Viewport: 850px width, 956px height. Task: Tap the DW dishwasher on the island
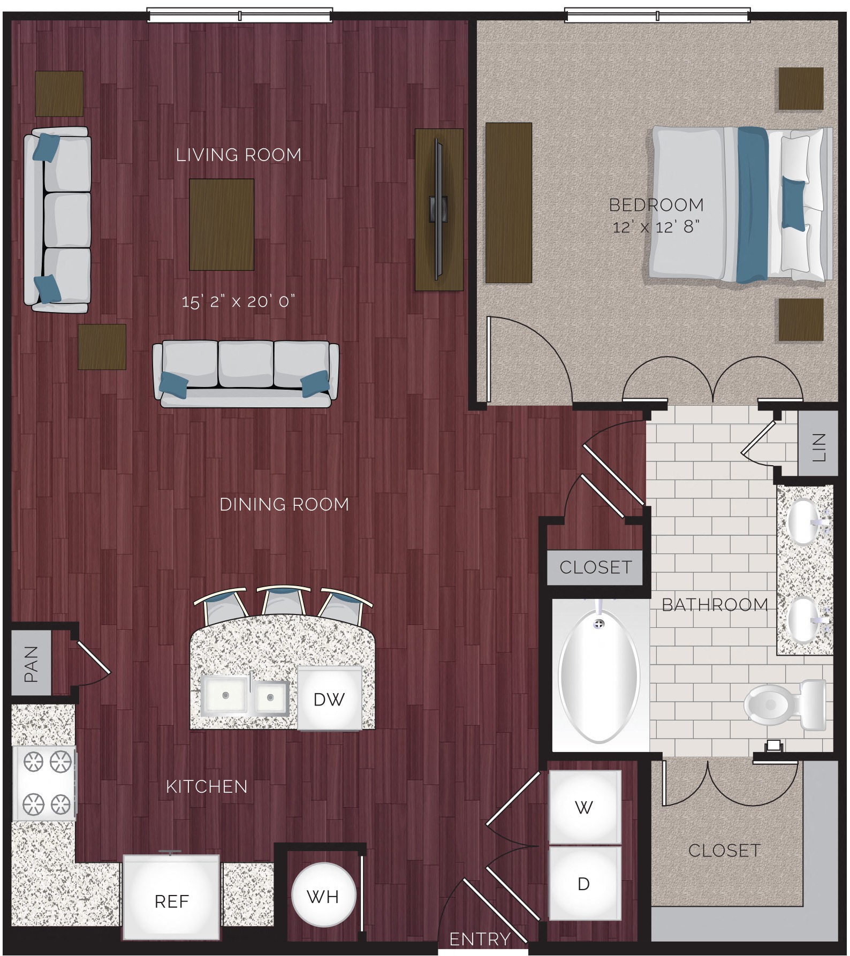click(329, 699)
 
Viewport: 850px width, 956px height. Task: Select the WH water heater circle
click(323, 896)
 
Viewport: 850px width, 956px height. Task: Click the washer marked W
click(585, 807)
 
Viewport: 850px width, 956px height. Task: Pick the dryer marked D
click(585, 884)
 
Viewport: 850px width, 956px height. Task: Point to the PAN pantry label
click(31, 664)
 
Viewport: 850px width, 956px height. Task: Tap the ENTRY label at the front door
click(480, 939)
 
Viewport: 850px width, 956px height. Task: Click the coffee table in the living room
click(221, 224)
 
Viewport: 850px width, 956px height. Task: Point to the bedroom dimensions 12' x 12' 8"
click(656, 227)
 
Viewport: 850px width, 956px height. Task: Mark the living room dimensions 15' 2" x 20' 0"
click(238, 301)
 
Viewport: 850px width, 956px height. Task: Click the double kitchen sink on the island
click(245, 696)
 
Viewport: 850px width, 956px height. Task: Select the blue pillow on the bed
click(793, 203)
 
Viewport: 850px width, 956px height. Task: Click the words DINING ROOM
click(284, 504)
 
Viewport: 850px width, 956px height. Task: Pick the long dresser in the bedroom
click(508, 202)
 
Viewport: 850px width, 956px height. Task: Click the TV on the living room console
click(439, 209)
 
